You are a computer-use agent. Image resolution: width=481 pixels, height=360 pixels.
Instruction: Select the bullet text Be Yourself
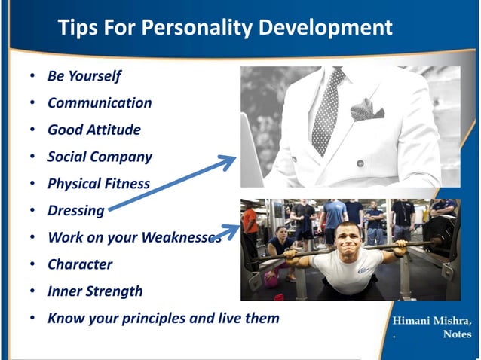click(x=84, y=76)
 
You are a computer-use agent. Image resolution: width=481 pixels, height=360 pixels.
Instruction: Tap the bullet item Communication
click(x=100, y=103)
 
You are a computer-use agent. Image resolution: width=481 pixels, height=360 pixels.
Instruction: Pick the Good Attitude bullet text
click(x=93, y=130)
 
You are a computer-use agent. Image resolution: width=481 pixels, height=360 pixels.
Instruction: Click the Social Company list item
click(x=100, y=157)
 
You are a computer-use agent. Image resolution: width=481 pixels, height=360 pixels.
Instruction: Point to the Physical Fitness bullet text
click(x=98, y=184)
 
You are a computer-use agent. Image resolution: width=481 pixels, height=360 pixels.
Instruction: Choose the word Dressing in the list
click(x=75, y=211)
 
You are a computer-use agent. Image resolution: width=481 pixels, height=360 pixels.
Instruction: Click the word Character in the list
click(x=79, y=264)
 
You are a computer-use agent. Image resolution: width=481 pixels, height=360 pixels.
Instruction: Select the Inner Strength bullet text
click(x=95, y=291)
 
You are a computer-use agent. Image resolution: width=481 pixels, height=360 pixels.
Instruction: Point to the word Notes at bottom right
click(x=457, y=334)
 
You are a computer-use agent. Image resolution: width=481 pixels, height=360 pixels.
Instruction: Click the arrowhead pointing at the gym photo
click(x=231, y=230)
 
